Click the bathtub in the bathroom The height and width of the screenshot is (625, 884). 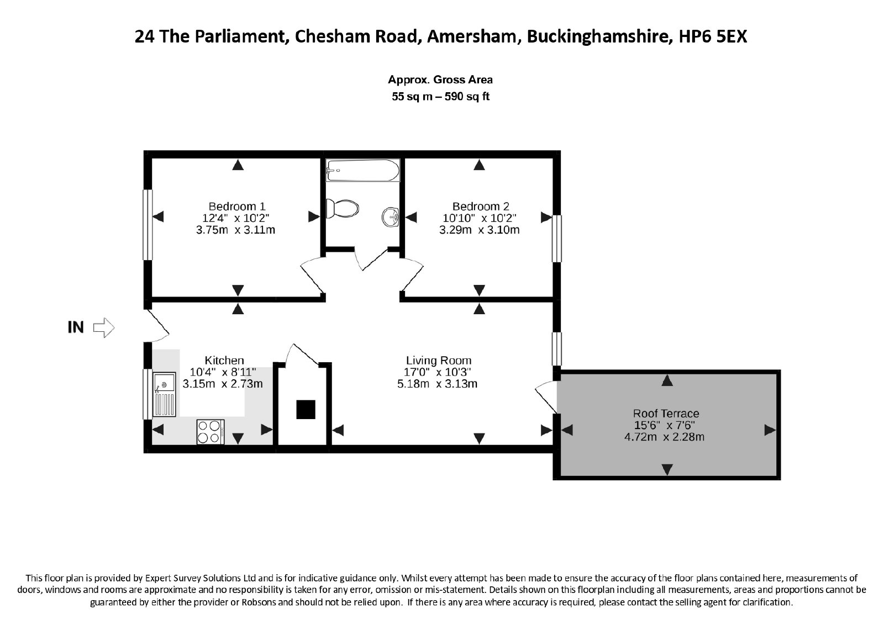pos(362,170)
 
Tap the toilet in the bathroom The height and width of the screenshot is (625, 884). pos(342,208)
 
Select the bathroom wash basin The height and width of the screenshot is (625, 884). pos(391,217)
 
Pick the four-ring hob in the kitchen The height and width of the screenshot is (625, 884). pos(211,432)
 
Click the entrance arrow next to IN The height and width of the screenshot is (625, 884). pos(104,327)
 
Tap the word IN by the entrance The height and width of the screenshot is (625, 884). pos(76,327)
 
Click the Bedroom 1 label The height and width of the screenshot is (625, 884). pos(237,206)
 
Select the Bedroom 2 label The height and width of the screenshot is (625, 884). pos(481,206)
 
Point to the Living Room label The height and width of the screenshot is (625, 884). pos(439,361)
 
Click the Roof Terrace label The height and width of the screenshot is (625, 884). pos(666,413)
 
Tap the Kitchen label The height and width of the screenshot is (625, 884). pos(224,361)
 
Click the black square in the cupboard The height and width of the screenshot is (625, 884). pos(306,409)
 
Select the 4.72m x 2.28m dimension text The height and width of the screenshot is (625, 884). pos(664,437)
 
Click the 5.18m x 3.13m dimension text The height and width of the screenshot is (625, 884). pos(437,384)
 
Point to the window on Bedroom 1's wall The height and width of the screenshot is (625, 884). pos(148,225)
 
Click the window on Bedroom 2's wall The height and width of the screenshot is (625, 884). pos(556,239)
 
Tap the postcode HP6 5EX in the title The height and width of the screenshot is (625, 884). pos(713,36)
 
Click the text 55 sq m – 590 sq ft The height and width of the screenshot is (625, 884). pos(440,97)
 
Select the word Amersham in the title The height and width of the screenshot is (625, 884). pos(472,36)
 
